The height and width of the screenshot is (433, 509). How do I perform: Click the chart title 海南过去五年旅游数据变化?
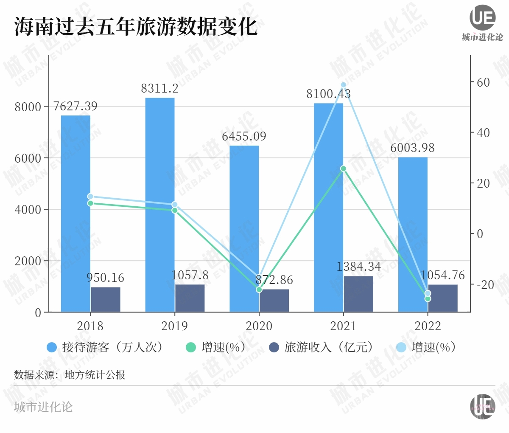click(136, 26)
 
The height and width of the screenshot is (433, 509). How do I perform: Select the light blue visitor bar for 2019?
click(159, 204)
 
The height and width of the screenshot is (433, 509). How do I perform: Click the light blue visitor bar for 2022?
click(413, 233)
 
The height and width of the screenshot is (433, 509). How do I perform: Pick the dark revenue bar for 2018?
click(106, 300)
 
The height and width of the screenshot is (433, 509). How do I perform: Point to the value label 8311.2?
click(159, 89)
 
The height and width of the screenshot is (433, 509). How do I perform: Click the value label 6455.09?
click(244, 136)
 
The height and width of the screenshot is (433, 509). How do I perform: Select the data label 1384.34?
click(358, 267)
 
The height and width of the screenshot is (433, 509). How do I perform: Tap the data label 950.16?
click(106, 278)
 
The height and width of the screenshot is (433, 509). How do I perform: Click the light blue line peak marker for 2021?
click(344, 85)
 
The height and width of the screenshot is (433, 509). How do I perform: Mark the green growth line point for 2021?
click(344, 169)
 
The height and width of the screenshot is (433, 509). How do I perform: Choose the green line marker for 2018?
click(90, 203)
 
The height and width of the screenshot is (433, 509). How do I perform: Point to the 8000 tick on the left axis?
click(28, 107)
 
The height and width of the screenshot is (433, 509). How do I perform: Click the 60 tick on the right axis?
click(483, 82)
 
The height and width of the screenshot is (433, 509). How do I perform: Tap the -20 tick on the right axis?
click(485, 284)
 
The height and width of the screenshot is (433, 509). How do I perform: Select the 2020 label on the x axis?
click(259, 326)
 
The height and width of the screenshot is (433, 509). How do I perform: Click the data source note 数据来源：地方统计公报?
click(70, 375)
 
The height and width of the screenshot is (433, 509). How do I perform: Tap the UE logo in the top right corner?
click(482, 18)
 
